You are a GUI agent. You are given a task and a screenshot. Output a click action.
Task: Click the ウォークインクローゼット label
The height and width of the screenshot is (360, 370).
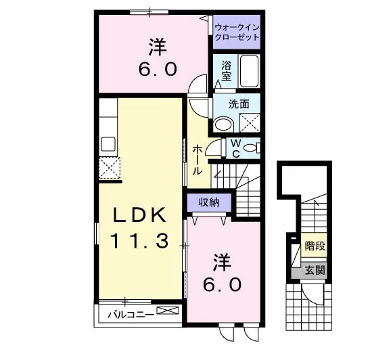point(237,32)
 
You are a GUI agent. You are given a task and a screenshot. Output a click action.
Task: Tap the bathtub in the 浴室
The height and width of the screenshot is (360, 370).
point(250,71)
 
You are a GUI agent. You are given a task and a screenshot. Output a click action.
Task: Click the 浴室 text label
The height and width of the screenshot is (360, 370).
point(227,71)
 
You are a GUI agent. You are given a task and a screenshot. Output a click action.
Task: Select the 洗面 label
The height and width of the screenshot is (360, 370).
point(239,104)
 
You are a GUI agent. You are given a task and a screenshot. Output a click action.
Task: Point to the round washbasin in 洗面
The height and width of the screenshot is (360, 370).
point(224,124)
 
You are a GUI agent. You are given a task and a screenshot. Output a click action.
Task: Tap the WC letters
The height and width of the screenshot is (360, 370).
point(236,148)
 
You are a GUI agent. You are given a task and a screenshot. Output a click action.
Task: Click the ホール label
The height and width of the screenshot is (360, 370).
point(198,160)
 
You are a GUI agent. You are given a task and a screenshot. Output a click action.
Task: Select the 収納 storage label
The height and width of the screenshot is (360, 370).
point(209,202)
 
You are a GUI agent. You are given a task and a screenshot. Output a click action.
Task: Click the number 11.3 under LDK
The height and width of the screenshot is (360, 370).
point(139,240)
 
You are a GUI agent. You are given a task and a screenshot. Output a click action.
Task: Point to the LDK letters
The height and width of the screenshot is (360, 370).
point(139,215)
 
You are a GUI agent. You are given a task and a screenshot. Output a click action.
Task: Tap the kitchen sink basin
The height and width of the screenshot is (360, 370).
point(108,144)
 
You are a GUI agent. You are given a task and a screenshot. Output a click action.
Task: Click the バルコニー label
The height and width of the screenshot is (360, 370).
point(131,315)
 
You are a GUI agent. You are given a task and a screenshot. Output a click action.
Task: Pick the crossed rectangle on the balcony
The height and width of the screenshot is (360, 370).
point(168,311)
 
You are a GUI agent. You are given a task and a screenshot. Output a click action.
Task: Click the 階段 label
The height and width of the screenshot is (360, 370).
point(315,246)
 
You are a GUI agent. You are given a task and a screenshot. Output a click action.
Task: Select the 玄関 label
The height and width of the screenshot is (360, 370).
point(315,270)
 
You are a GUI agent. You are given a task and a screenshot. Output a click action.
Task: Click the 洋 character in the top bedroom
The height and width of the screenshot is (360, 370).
point(158,47)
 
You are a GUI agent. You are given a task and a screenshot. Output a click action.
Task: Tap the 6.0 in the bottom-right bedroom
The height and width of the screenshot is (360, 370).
point(223,284)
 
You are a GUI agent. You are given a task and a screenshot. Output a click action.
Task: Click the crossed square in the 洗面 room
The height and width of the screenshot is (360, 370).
point(250,122)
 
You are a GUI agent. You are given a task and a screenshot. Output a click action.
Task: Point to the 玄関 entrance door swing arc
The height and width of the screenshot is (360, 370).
point(310,298)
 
